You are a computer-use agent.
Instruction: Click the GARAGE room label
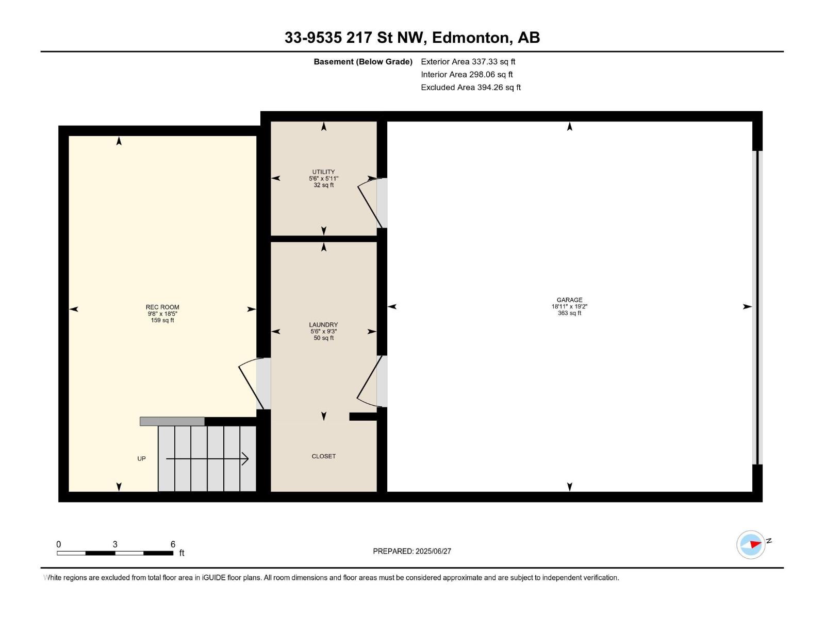click(x=569, y=300)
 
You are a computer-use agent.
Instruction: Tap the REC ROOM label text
click(x=162, y=307)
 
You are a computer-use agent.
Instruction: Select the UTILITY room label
click(x=323, y=172)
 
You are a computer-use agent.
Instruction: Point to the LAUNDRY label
click(x=323, y=324)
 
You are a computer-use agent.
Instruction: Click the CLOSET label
click(x=324, y=456)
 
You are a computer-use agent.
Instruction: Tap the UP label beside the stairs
click(x=141, y=458)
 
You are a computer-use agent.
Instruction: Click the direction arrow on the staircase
click(x=207, y=458)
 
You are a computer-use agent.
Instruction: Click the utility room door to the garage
click(x=372, y=203)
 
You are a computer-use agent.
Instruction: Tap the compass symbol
click(x=751, y=544)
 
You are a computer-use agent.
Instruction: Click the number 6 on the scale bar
click(x=173, y=544)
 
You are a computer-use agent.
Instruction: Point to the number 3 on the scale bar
click(x=115, y=544)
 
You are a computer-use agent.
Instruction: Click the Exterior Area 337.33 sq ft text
click(x=468, y=61)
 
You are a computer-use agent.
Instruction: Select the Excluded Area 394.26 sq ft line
click(x=471, y=88)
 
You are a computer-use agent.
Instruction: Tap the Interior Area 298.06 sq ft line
click(x=467, y=75)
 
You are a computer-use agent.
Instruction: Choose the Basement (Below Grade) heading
click(x=363, y=62)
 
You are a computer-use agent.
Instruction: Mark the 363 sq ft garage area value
click(x=569, y=313)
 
